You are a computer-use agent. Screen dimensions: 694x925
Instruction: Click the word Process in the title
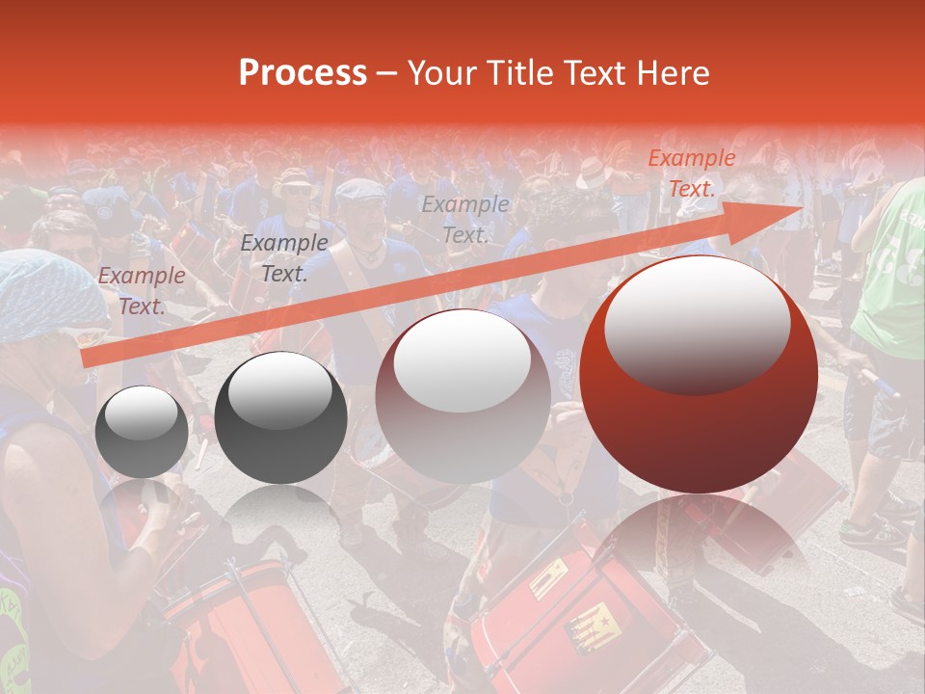click(x=303, y=73)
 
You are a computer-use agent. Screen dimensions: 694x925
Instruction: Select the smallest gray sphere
click(x=142, y=431)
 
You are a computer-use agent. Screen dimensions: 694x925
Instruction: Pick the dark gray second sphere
click(x=280, y=417)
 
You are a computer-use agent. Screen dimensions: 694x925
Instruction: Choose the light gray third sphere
click(x=462, y=395)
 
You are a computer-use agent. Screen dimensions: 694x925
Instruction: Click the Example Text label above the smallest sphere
click(x=142, y=291)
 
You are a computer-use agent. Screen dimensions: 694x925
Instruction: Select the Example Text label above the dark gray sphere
click(x=284, y=258)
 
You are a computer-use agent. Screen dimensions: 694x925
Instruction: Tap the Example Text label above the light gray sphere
click(x=465, y=220)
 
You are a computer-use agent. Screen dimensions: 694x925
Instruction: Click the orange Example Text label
click(x=691, y=173)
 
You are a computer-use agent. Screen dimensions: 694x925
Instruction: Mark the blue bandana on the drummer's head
click(x=48, y=294)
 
